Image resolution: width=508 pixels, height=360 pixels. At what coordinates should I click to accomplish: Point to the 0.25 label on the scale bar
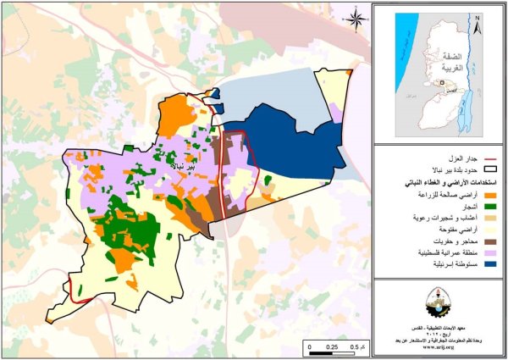coord(332,348)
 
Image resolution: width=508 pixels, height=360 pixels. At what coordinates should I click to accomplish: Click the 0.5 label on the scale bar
coord(354,348)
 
